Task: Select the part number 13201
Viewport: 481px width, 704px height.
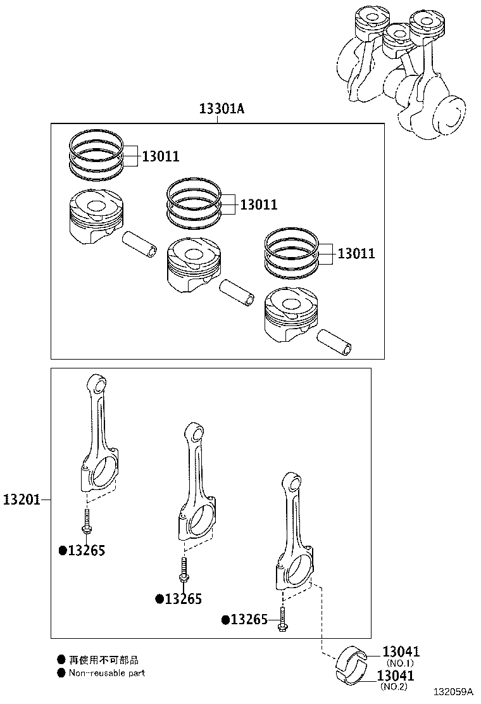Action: click(x=21, y=500)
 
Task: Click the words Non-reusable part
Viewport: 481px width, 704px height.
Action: click(x=107, y=673)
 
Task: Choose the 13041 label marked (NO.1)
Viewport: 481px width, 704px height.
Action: click(x=401, y=652)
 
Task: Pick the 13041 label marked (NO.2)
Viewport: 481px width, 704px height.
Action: click(x=396, y=676)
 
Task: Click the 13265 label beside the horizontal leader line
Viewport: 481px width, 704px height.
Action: click(x=248, y=620)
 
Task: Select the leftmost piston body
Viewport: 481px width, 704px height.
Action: click(x=94, y=217)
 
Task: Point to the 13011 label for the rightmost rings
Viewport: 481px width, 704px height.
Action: click(x=356, y=254)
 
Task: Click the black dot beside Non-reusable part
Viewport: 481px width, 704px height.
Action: click(x=61, y=673)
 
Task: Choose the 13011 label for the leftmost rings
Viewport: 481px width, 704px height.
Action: click(x=160, y=156)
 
